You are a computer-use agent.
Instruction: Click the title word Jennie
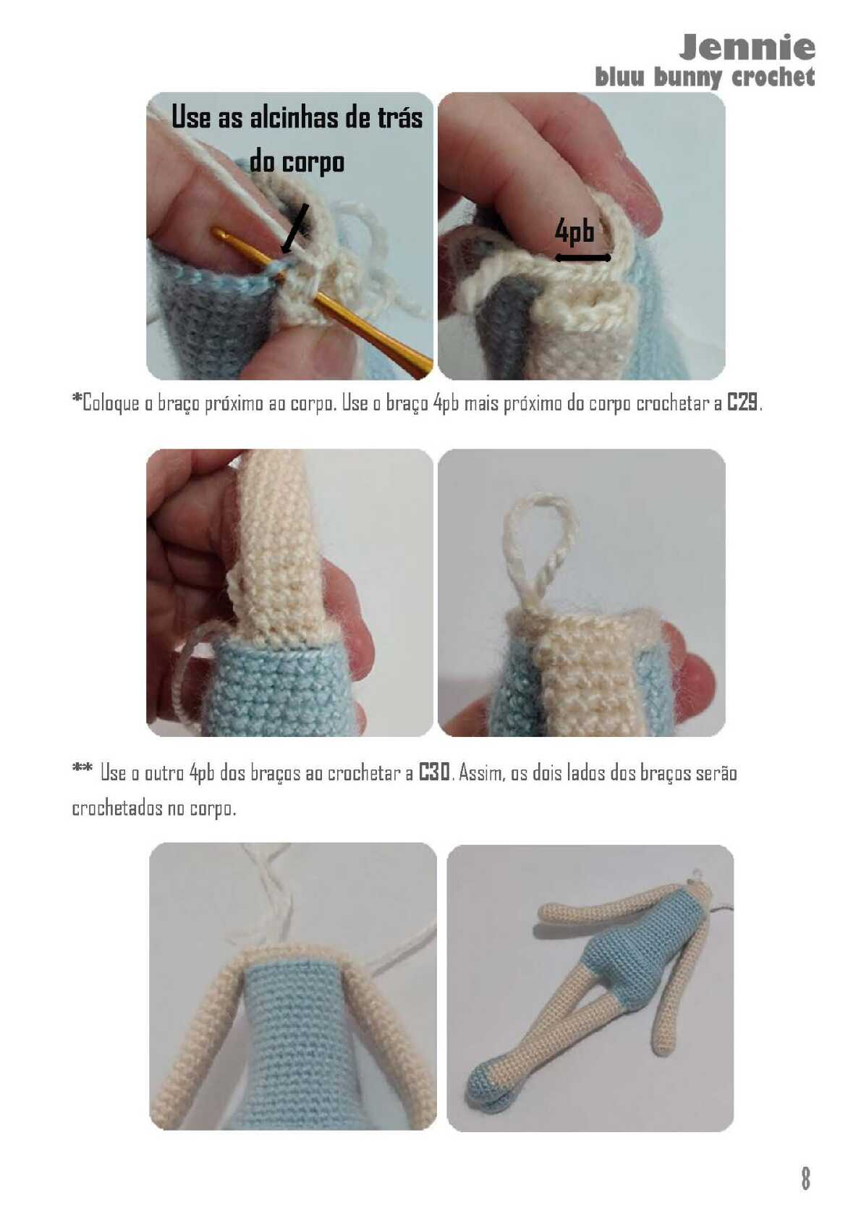(x=746, y=48)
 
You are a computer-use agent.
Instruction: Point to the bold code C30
(x=434, y=773)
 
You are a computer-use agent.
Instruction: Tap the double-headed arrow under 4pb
(x=582, y=258)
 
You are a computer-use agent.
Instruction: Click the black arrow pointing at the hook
(x=294, y=229)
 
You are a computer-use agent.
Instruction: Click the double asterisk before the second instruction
(x=82, y=769)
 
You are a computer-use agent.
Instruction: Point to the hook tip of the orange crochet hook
(x=216, y=232)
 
